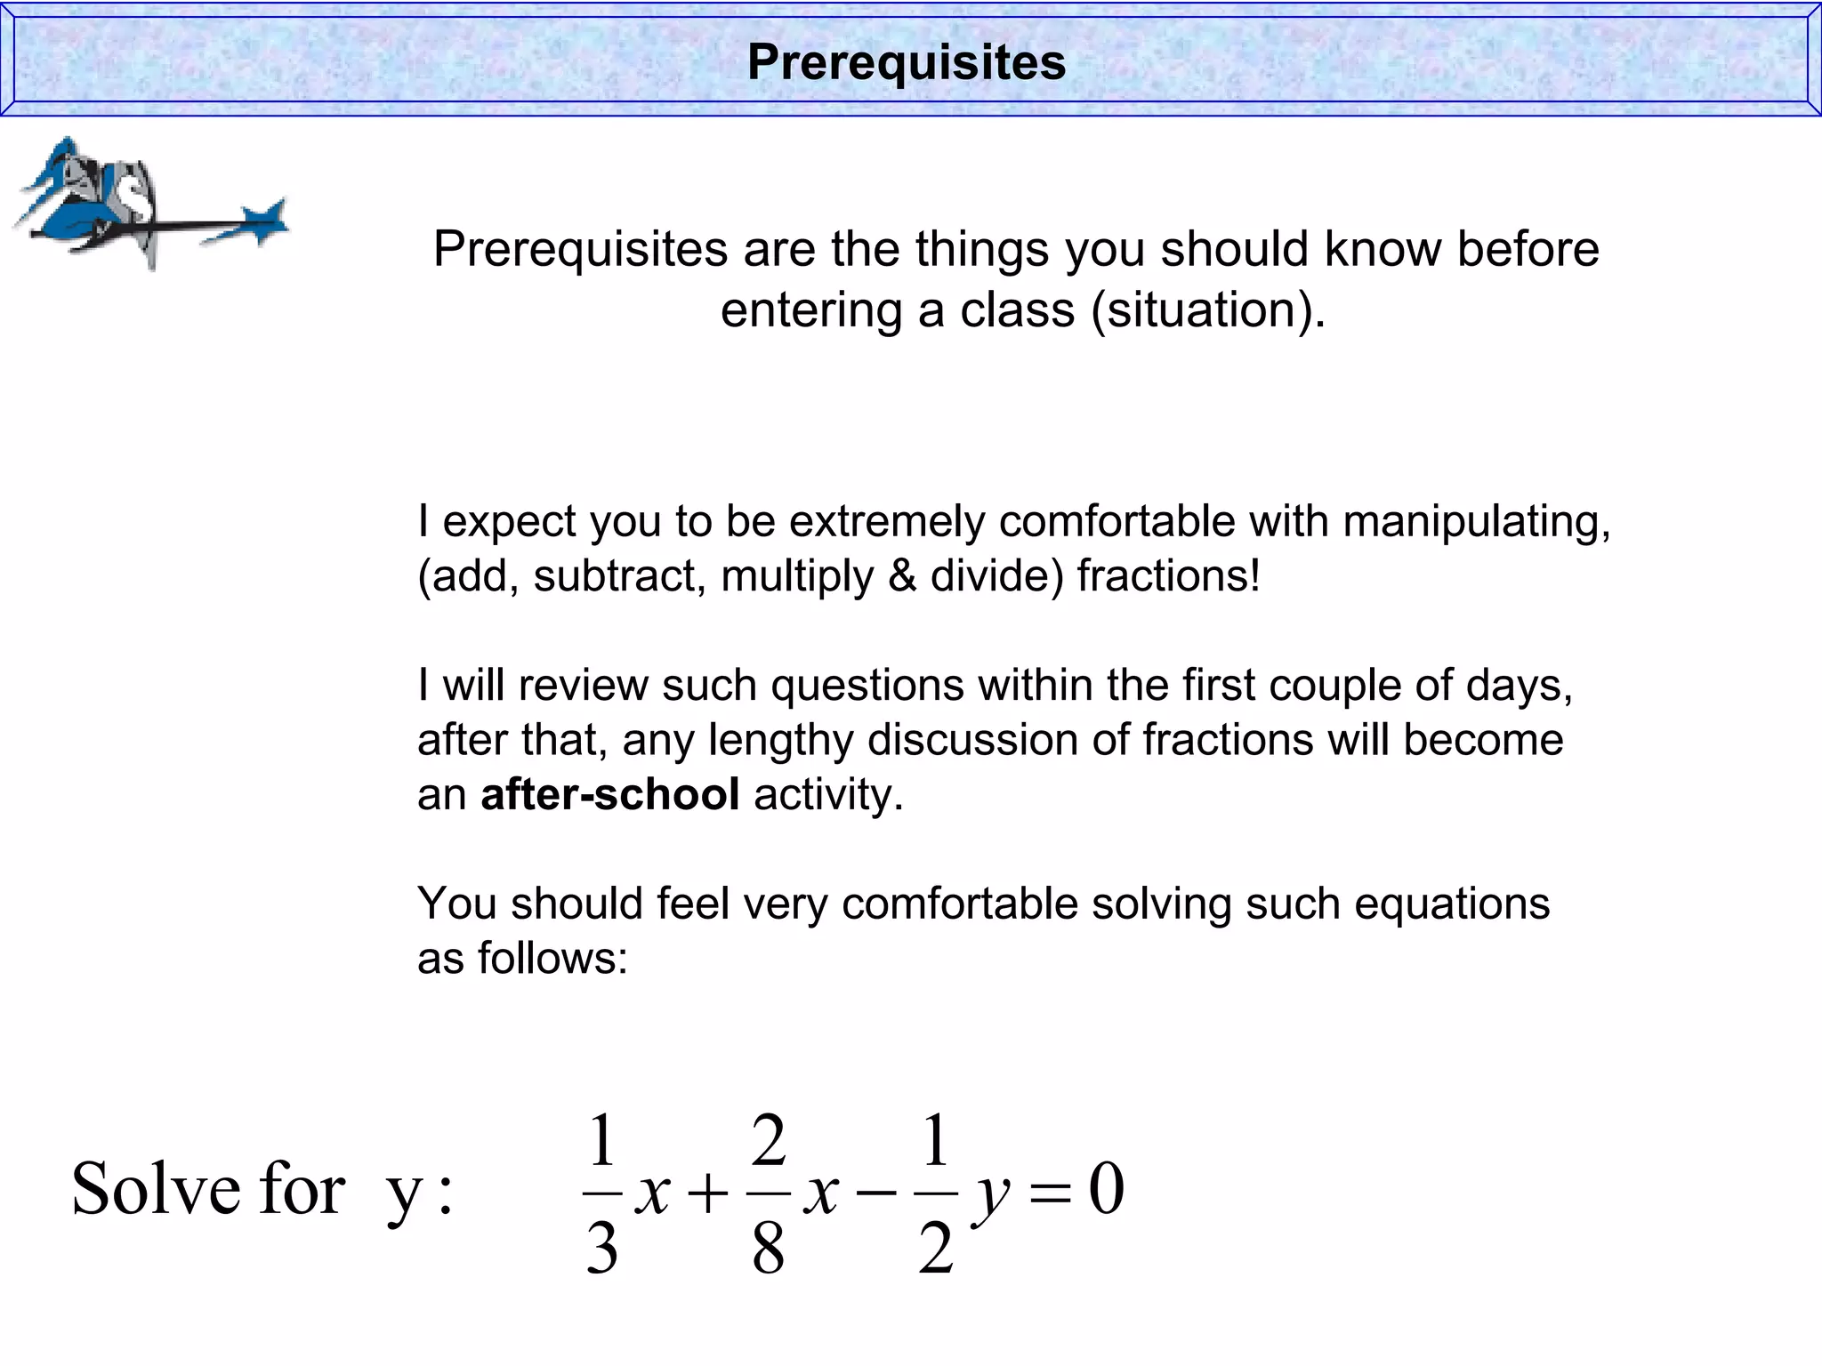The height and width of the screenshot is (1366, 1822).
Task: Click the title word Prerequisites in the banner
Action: (x=906, y=62)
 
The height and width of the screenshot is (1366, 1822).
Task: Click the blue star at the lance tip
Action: (x=265, y=221)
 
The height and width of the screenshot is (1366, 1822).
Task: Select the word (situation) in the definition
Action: (x=1207, y=310)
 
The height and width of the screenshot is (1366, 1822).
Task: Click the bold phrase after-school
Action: (x=609, y=794)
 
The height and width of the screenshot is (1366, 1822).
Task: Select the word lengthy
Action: (x=781, y=740)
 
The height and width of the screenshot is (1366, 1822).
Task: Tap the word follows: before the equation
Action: (x=552, y=959)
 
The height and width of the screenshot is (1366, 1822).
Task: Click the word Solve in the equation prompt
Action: (x=157, y=1189)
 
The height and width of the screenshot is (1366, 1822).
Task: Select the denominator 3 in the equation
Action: (x=602, y=1248)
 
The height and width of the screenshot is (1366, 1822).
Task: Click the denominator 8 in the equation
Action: (x=768, y=1248)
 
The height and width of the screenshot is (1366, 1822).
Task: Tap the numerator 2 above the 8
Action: (x=769, y=1141)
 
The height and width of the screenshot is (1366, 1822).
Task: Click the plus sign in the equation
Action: (x=708, y=1193)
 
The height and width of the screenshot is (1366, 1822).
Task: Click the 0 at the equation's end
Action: (x=1107, y=1189)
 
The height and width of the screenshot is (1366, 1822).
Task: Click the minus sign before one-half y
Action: (x=876, y=1193)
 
